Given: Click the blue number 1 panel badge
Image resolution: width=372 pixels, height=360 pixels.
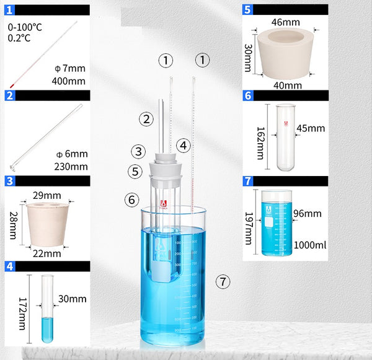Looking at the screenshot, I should point(9,9).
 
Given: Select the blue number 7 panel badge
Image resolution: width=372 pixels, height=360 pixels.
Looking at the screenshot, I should point(247,182).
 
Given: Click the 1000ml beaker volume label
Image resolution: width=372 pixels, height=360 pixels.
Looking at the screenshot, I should point(311,245).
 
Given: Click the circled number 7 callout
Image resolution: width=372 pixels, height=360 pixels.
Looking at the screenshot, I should point(223,281).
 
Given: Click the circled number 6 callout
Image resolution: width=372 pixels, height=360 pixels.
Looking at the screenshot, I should point(130,200).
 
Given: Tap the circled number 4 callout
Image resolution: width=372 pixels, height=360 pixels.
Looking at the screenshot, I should point(182,146).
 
